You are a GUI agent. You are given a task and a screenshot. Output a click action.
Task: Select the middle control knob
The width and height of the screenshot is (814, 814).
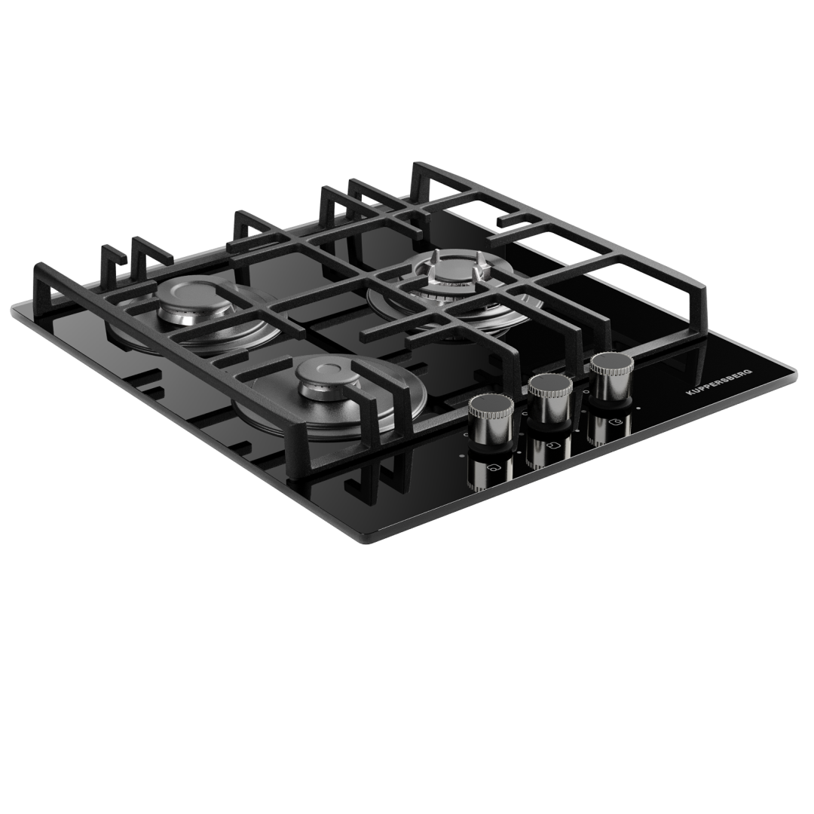tap(549, 399)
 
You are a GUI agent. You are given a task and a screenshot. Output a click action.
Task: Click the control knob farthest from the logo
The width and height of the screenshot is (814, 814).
tap(491, 420)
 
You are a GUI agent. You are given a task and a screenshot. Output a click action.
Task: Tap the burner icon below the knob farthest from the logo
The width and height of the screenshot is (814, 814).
tap(494, 469)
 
